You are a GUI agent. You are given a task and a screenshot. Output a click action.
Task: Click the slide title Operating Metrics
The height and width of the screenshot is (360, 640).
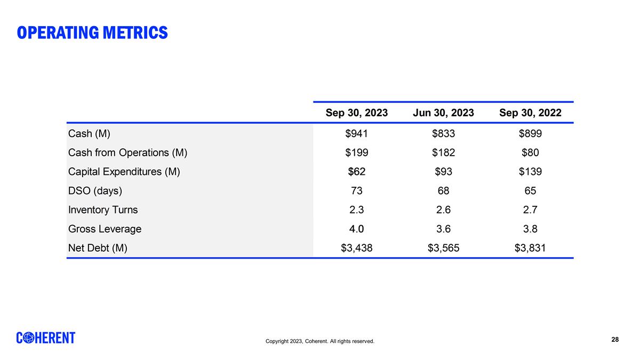92,33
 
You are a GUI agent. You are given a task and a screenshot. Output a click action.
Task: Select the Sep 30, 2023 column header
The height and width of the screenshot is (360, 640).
357,113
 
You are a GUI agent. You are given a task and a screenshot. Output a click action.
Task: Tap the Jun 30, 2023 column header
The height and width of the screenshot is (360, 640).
443,113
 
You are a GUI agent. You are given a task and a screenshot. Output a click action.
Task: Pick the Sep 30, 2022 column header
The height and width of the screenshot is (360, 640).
530,113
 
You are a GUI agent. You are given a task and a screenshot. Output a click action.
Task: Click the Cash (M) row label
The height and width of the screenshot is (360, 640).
89,133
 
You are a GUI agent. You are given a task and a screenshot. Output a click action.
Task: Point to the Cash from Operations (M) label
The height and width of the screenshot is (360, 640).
127,153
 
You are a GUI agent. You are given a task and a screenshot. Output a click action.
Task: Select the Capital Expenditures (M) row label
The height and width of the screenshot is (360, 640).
124,172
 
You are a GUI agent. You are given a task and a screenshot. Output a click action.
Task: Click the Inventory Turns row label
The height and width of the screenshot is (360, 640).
103,210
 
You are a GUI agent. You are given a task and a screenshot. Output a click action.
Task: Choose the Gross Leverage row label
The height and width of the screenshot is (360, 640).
105,229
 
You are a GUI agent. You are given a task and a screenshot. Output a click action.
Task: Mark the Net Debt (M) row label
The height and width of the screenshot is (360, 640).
98,247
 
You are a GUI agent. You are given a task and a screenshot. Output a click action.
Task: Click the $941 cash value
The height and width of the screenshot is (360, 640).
357,133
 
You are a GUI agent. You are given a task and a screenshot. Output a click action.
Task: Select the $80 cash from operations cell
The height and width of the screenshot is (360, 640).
530,153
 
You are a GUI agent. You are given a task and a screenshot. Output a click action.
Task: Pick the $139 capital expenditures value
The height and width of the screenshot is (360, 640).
530,172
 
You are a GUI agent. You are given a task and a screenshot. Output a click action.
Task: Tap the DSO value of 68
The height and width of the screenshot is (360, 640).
443,191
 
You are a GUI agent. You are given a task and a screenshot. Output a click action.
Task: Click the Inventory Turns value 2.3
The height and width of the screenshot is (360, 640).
357,210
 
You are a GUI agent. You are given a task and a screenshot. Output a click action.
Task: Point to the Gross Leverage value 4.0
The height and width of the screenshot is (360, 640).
357,229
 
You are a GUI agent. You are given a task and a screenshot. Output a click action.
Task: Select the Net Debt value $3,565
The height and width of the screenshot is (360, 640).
443,247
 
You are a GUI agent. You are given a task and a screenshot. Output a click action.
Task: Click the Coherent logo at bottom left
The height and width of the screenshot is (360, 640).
46,338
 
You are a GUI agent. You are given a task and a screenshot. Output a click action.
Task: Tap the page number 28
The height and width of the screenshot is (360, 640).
615,340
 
